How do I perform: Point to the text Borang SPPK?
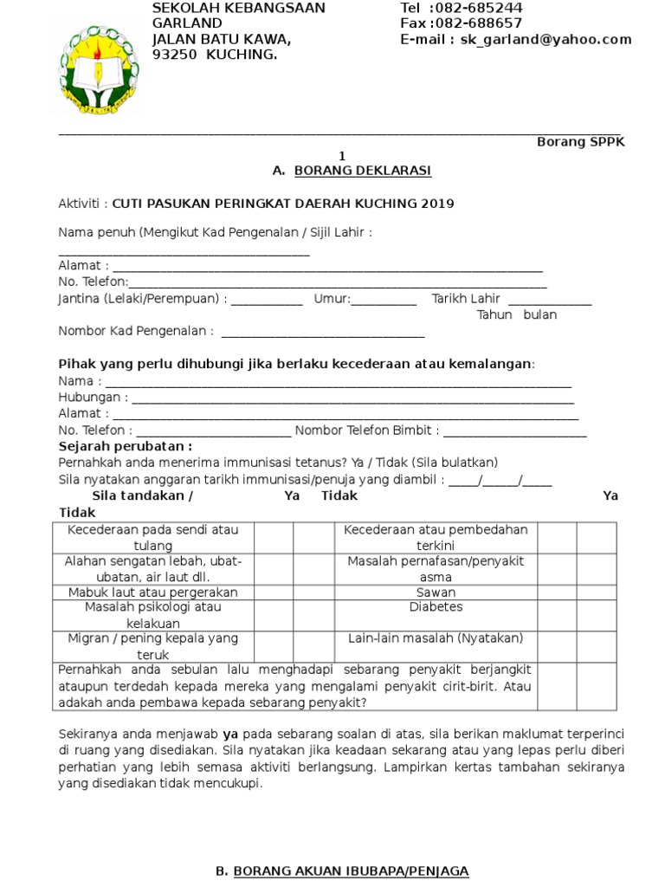(580, 142)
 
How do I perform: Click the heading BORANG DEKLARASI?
(363, 172)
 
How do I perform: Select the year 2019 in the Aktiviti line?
(437, 204)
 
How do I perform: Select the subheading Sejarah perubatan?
(125, 446)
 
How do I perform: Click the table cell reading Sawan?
(436, 592)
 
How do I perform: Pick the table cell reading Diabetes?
(436, 607)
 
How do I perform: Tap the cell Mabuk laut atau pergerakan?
(152, 592)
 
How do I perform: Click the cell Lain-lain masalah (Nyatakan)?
(436, 638)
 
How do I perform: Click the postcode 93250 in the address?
(175, 55)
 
